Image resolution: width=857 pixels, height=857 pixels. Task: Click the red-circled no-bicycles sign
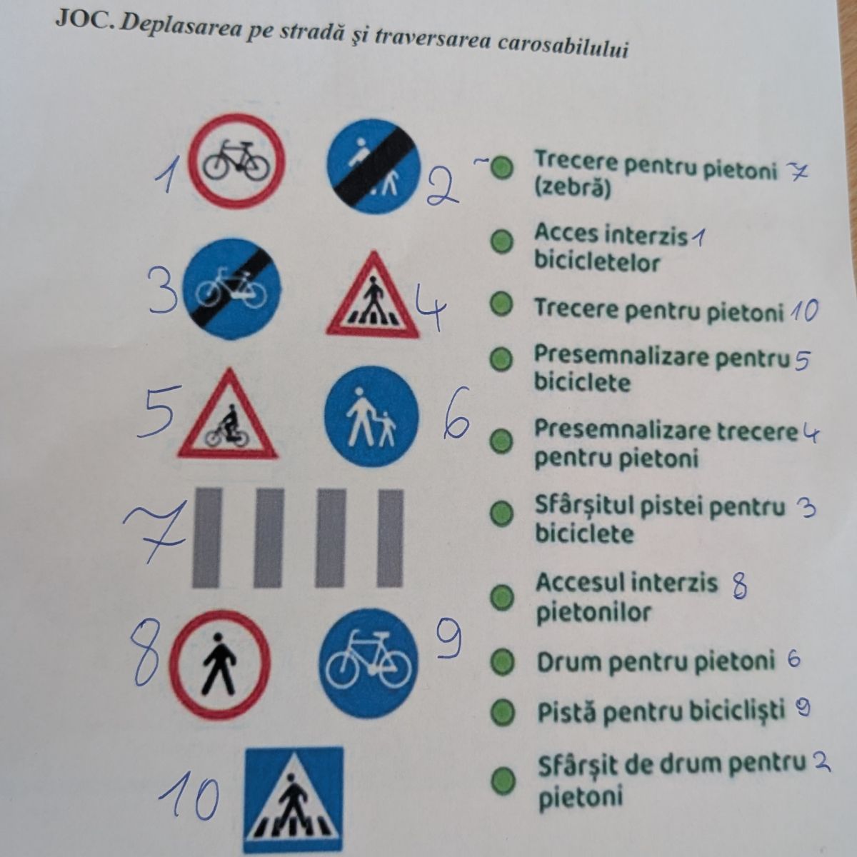point(236,161)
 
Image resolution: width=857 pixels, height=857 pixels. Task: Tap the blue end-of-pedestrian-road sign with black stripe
point(373,166)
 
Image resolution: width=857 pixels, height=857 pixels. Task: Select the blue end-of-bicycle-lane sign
point(231,289)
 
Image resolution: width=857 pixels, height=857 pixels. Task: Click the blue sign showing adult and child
point(371,416)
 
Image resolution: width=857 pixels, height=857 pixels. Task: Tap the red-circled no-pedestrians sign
point(220,664)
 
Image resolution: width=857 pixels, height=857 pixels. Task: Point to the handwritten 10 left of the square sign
point(190,798)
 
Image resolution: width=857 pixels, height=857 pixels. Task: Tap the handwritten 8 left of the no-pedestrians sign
point(146,653)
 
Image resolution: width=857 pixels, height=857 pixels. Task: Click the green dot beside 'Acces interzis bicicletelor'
point(501,241)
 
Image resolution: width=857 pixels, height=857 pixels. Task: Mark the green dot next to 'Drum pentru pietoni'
point(503,663)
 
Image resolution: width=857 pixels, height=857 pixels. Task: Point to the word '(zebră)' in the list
point(572,189)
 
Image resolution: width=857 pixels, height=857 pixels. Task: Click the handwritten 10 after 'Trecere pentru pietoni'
point(804,311)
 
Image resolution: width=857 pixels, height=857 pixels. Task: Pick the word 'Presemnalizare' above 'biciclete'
point(622,356)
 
